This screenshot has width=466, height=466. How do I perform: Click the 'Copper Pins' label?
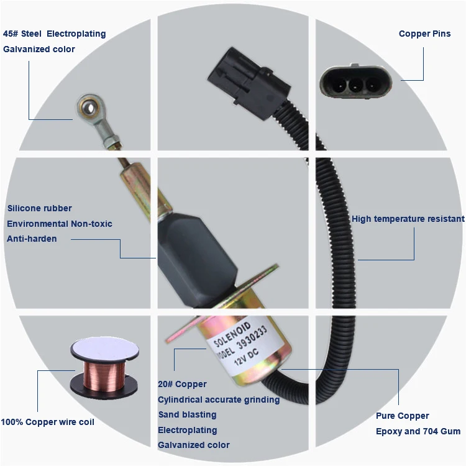point(424,34)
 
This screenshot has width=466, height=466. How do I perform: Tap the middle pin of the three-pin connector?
point(356,81)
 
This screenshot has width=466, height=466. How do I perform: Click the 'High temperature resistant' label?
point(408,219)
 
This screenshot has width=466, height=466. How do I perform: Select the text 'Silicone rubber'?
point(39,208)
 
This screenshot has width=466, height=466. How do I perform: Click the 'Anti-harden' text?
point(32,239)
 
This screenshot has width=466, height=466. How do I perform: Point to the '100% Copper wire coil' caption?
point(48,422)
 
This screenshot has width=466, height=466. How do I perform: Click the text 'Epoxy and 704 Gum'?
point(418,431)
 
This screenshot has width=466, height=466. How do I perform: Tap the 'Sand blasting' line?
point(187,414)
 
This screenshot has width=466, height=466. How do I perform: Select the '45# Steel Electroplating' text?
point(55,34)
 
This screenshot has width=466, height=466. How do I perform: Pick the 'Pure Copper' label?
point(402,416)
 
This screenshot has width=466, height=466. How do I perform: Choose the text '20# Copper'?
point(182,385)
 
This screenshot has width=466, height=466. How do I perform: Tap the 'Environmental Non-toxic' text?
point(60,224)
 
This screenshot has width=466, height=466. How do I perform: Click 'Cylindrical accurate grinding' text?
point(219,400)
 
